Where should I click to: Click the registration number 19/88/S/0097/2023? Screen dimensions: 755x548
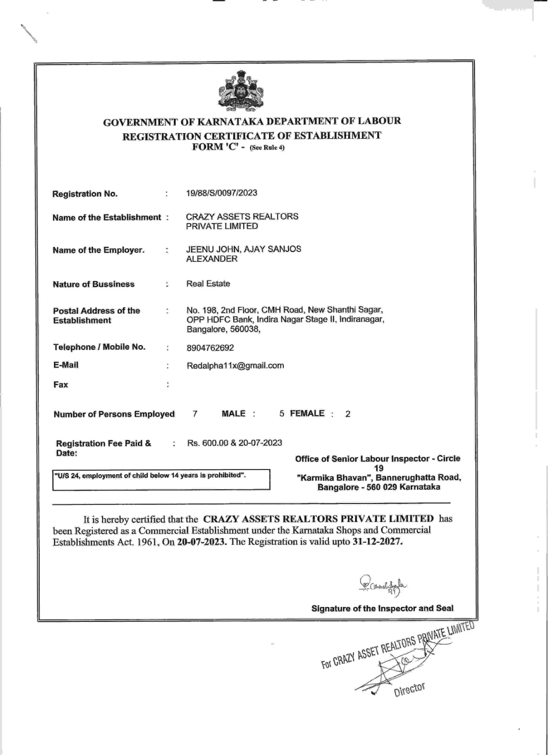point(222,193)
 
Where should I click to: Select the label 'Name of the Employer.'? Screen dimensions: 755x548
point(98,250)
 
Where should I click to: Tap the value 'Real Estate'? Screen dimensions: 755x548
point(208,284)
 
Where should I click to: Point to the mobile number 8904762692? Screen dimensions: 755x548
point(210,348)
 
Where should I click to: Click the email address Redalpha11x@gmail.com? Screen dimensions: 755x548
point(235,366)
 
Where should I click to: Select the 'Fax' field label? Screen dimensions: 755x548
point(60,385)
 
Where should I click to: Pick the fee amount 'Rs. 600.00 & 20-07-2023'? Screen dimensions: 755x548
point(235,443)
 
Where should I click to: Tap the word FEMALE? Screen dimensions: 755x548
point(307,413)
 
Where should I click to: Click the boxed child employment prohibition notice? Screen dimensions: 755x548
point(160,478)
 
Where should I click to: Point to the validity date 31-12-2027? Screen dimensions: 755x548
point(378,542)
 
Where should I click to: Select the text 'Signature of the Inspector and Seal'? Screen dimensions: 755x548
point(382,608)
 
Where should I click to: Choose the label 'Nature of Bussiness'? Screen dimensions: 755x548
point(93,284)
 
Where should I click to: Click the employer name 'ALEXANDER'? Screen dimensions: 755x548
point(211,259)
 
